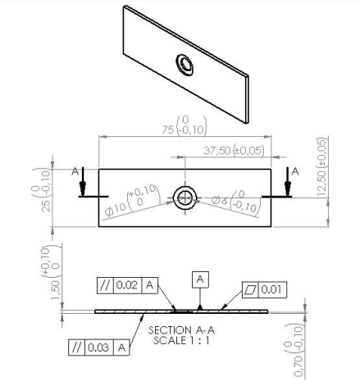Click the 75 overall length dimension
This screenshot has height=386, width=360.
coord(184,126)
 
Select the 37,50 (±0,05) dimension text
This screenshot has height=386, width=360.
coord(234,151)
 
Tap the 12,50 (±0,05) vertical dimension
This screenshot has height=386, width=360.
coord(322,166)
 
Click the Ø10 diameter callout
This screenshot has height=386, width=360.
coord(132,202)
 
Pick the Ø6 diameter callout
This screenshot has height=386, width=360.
coord(236,202)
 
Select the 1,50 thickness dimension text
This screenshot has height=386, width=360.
coord(52,272)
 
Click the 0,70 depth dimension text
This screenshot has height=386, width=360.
coord(294,350)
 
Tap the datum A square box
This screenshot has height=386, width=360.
coord(200,279)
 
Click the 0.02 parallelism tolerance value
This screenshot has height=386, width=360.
coord(127,285)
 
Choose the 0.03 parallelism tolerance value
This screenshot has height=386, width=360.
coord(98,347)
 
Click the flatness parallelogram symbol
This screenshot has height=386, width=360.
coord(251,289)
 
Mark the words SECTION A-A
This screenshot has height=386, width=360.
coord(181,330)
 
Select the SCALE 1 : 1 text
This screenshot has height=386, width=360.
coord(181,341)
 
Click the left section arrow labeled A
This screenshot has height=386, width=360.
coord(82,182)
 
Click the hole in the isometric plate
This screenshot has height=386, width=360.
coord(185,65)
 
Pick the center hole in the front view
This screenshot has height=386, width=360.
coord(185,198)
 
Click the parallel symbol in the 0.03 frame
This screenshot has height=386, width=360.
coord(77,347)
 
